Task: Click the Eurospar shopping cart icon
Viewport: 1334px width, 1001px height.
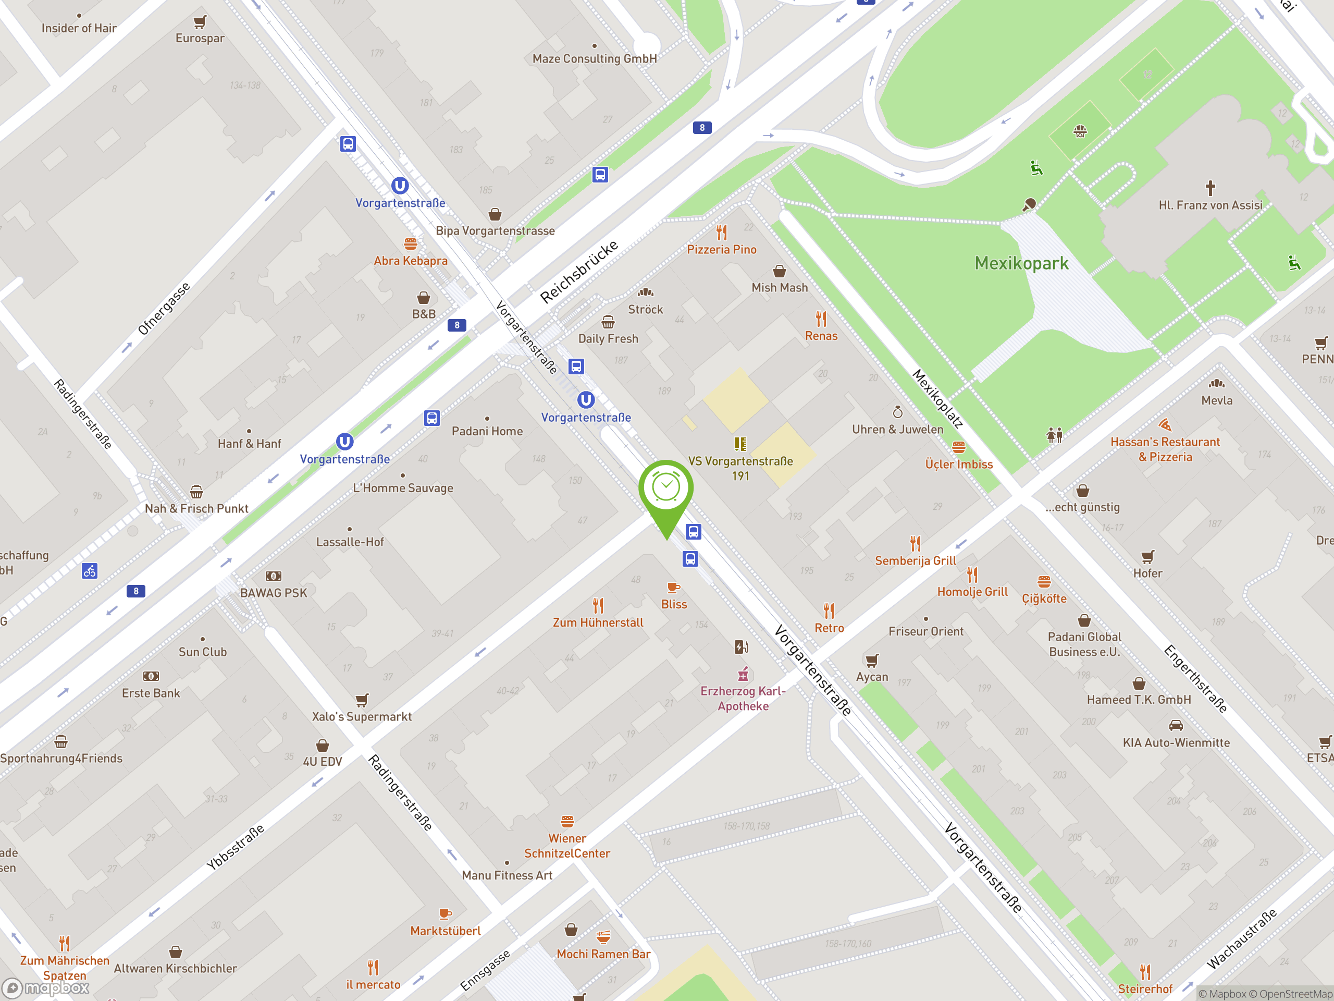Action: (x=200, y=22)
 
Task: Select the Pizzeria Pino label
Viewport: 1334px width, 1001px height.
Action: (x=721, y=249)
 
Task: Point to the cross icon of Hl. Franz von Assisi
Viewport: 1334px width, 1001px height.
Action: (x=1210, y=188)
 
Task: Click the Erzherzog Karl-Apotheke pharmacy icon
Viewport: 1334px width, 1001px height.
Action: (x=743, y=674)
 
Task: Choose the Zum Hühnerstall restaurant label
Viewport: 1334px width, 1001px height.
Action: (x=598, y=622)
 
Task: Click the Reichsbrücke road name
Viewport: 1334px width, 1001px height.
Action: (x=578, y=271)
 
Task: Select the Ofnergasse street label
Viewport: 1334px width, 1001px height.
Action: (x=164, y=308)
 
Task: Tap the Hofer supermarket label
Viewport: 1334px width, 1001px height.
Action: (x=1147, y=573)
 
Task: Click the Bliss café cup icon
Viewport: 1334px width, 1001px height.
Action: (x=674, y=587)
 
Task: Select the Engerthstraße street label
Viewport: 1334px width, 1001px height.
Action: (x=1195, y=678)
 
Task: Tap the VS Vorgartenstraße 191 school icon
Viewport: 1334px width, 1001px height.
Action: (x=740, y=444)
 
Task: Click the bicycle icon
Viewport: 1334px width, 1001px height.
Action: (x=90, y=570)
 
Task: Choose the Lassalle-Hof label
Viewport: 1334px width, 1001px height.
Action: (x=350, y=542)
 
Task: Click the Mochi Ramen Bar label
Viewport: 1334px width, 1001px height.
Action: (x=603, y=954)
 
